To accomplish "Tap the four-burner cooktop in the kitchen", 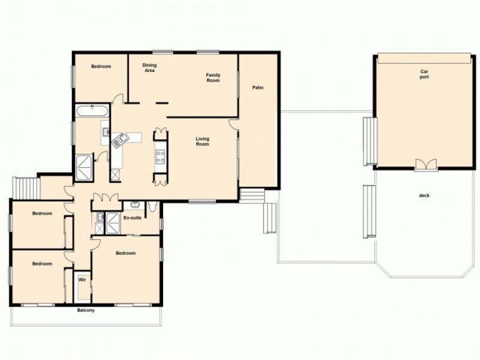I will coord(161,158).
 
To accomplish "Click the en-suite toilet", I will coord(154,208).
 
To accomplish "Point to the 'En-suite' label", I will coord(133,217).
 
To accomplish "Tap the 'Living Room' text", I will coord(202,142).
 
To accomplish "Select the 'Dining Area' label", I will coord(149,67).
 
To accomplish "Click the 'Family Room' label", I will coord(214,77).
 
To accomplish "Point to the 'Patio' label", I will coord(258,88).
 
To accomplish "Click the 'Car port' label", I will coord(424,74).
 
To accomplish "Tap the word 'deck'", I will coord(425,196).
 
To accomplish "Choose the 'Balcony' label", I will coord(86,310).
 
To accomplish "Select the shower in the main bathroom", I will coord(84,164).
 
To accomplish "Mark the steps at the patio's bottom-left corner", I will coord(252,195).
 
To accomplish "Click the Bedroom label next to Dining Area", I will coord(101,66).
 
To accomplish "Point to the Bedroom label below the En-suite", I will coord(125,253).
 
